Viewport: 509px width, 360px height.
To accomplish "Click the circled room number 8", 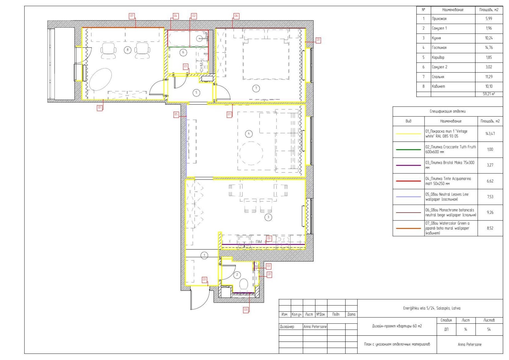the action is tap(127, 50).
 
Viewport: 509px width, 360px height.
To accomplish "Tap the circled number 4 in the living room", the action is tap(248, 134).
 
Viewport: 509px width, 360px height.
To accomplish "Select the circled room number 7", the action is tap(256, 88).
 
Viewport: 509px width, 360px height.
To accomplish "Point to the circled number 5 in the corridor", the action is tap(196, 93).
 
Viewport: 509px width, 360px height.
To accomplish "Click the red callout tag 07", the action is tap(132, 16).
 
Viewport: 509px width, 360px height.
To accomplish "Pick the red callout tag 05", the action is tap(176, 114).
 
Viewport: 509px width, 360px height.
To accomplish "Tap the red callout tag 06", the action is tap(236, 16).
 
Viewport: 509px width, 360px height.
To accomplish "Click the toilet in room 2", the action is tap(244, 284).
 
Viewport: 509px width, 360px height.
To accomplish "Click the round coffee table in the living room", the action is tap(251, 153).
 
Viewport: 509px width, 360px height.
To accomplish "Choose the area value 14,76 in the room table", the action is tap(489, 48).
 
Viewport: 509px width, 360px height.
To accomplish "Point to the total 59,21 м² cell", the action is tap(489, 94).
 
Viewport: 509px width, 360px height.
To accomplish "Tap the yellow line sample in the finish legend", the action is tap(408, 134).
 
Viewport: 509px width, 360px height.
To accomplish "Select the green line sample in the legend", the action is tap(408, 150).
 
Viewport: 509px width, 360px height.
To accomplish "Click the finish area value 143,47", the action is tap(490, 134).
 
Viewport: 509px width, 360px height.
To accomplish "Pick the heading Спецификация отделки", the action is tap(448, 111).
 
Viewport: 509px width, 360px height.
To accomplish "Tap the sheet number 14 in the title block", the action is tap(465, 330).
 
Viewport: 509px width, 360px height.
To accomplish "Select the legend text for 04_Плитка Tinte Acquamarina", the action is tap(448, 181).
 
